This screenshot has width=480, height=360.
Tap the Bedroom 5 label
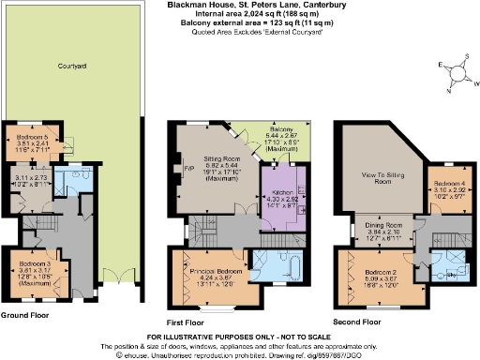[32, 139]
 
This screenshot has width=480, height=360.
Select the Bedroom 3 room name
[35, 265]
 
